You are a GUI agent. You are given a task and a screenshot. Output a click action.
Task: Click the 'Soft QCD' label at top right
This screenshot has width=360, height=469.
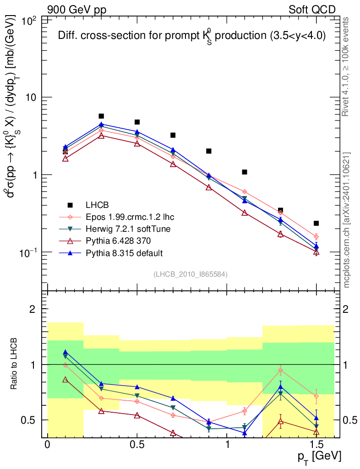pos(312,10)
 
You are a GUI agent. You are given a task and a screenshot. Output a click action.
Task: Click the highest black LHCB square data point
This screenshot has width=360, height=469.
pos(101,116)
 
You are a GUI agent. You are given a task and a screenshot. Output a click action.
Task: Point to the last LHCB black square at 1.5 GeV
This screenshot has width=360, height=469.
pos(316,223)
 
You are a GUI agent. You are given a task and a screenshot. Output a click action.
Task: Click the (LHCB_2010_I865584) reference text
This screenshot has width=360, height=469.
pos(191,274)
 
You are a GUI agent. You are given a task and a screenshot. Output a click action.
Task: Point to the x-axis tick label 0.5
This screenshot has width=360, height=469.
pos(137,446)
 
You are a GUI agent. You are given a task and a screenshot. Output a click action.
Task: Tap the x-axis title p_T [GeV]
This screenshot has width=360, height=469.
pos(319,457)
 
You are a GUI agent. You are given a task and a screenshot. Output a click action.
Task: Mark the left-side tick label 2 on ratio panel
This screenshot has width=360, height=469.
pos(33,309)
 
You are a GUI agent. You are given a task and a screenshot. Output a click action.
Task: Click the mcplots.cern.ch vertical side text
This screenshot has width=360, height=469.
pos(347,220)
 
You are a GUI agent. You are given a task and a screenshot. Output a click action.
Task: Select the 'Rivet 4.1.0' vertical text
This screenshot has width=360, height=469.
pos(347,66)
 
